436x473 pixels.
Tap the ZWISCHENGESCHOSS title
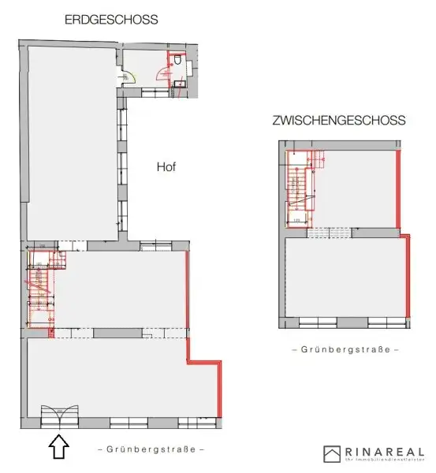(338, 121)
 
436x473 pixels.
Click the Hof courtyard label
(164, 167)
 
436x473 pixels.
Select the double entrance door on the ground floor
(60, 415)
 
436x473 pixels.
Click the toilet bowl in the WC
(181, 61)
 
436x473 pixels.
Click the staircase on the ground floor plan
(39, 288)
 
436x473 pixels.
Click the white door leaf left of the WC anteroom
(129, 76)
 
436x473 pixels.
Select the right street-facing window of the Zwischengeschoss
(385, 321)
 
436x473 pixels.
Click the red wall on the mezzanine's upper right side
(398, 189)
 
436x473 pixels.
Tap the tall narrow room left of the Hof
(72, 142)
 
